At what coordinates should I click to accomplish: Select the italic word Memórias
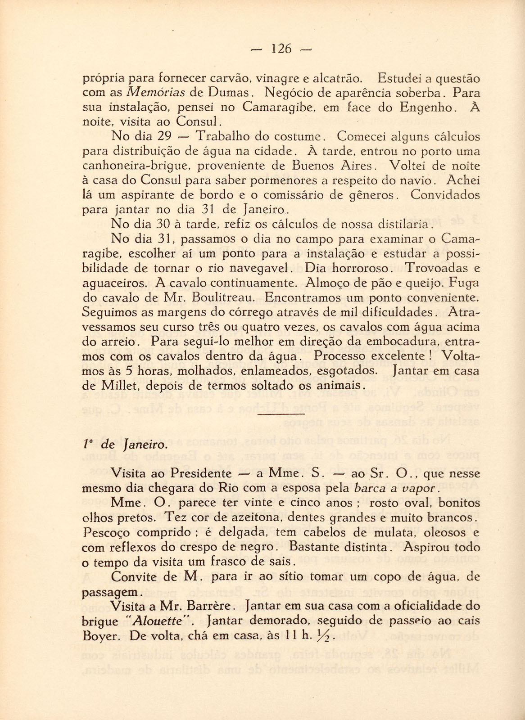point(153,93)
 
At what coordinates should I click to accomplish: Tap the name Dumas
point(228,93)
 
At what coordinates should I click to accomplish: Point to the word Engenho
point(430,108)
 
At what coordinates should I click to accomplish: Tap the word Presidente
point(201,473)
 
